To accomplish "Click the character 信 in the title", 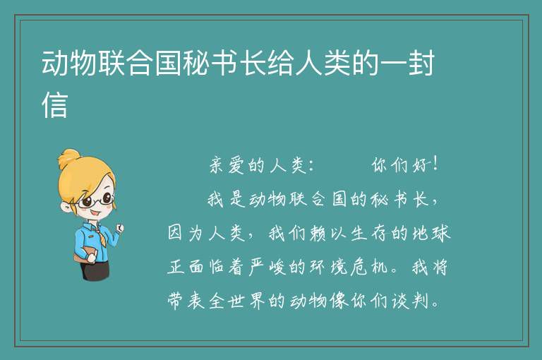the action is coord(54,104).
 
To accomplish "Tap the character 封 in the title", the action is coord(421,63).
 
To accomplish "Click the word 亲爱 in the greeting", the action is coord(227,165).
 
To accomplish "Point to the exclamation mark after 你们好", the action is coord(435,164).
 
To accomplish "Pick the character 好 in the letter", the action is coord(421,165).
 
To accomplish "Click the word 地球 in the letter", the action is coord(431,233).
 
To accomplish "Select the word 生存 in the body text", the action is coord(368,233).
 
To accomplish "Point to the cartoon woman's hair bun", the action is coord(68,158).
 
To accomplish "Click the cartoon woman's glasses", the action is coord(95,201).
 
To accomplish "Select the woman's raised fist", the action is coord(119,227).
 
